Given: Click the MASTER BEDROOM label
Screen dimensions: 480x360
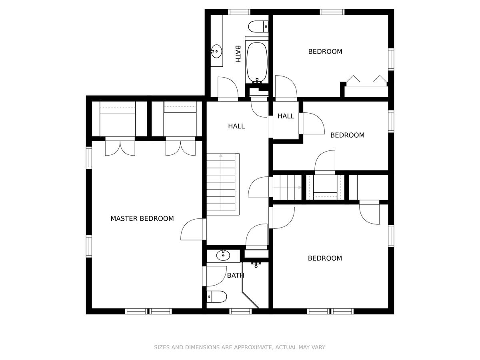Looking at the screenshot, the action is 142,218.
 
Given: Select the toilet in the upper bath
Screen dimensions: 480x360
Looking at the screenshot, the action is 258,27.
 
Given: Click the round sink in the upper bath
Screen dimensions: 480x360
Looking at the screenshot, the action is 216,51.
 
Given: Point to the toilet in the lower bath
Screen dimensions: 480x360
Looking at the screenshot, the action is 216,297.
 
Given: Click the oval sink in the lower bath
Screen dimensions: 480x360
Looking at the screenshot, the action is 223,255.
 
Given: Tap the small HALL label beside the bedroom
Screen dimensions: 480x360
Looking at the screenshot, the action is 286,116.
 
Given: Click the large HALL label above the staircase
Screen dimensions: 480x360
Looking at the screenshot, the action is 236,126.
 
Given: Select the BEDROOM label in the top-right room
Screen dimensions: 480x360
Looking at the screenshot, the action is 325,52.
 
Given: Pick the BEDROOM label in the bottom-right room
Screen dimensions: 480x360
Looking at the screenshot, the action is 325,258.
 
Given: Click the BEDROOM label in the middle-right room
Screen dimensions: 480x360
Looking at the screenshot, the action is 348,135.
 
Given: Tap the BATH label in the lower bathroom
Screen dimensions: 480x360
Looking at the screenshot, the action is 236,276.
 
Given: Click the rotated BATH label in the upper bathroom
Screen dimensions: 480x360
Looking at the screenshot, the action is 238,54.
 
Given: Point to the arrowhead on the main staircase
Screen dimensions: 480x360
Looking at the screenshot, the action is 221,156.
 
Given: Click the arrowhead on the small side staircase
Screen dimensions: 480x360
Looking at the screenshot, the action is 300,187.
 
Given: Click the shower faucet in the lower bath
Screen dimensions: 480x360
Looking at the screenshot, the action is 256,265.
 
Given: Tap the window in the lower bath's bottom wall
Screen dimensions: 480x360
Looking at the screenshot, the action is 240,311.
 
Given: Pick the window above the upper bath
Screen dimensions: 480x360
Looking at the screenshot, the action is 239,12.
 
